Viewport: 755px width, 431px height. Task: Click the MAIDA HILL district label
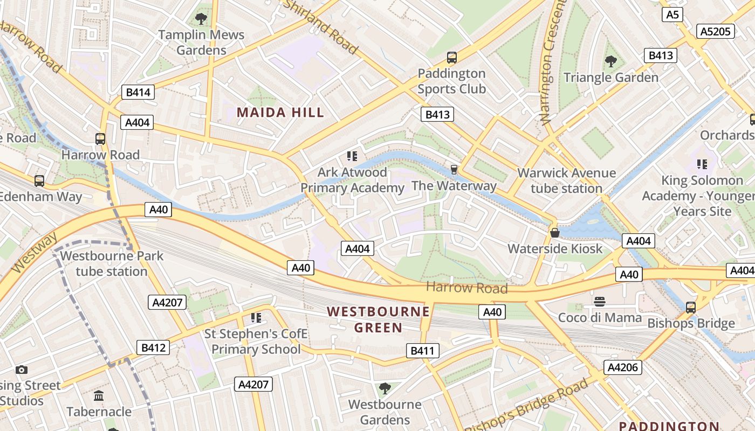[x=280, y=113]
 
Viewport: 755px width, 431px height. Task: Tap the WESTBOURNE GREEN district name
[x=378, y=319]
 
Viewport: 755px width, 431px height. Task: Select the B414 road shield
[x=138, y=92]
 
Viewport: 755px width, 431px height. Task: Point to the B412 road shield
[x=153, y=347]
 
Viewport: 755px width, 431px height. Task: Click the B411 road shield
[x=422, y=351]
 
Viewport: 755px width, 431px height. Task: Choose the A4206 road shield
[x=622, y=367]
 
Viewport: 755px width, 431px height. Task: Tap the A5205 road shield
[x=715, y=31]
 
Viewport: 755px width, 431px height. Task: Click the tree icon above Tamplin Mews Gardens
[x=201, y=19]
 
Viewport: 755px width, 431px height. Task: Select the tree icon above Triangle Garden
[x=610, y=61]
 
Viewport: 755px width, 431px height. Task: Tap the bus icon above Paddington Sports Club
[x=452, y=57]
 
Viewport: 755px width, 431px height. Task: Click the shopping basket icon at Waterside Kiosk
[x=554, y=233]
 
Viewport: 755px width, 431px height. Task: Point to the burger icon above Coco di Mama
[x=600, y=301]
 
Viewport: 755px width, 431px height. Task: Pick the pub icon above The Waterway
[x=454, y=170]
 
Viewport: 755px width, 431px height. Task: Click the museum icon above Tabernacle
[x=99, y=396]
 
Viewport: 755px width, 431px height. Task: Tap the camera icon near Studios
[x=22, y=370]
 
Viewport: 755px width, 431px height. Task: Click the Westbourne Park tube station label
[x=112, y=263]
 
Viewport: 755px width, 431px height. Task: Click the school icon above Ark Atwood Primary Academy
[x=352, y=157]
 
